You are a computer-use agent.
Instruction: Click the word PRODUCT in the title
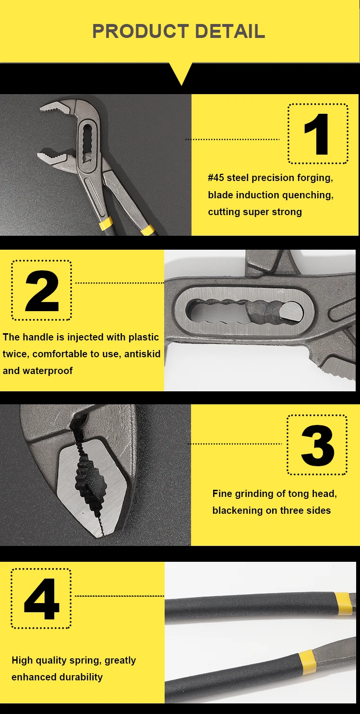(141, 31)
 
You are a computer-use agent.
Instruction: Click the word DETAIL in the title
(230, 31)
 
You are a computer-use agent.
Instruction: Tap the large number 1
(317, 134)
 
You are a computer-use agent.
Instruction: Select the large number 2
(42, 290)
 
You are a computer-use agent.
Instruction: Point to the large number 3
(318, 445)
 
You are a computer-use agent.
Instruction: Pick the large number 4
(42, 599)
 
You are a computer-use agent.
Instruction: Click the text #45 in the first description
(216, 178)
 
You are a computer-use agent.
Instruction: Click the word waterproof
(48, 371)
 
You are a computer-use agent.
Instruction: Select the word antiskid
(142, 354)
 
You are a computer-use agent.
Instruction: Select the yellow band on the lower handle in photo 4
(307, 663)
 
